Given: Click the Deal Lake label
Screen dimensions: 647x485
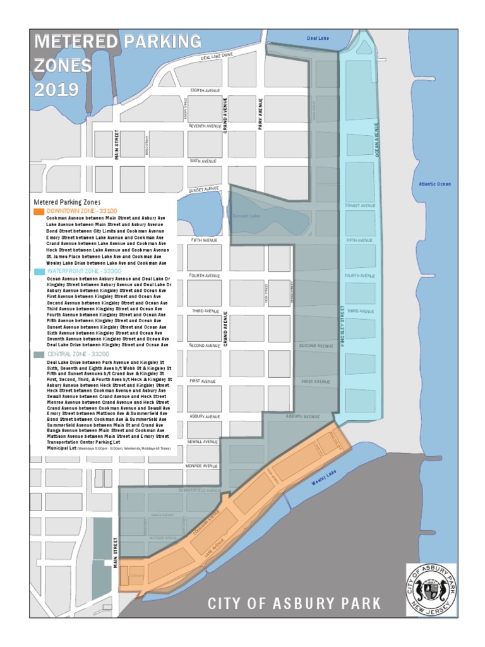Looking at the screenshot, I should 318,39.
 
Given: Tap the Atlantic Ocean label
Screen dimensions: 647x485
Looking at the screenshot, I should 434,184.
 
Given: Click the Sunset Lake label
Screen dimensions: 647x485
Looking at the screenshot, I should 246,216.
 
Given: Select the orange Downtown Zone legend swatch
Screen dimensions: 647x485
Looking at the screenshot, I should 39,210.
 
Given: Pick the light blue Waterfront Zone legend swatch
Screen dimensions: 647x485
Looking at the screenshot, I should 39,270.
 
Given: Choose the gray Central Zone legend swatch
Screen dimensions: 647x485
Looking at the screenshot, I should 39,355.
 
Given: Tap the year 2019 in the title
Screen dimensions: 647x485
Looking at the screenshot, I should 56,90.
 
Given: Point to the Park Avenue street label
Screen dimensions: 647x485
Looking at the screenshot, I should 260,114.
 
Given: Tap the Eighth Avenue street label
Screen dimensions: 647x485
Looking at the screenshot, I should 205,91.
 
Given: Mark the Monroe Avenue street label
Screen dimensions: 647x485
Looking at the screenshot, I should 202,466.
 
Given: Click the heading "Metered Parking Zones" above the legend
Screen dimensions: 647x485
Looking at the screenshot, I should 66,202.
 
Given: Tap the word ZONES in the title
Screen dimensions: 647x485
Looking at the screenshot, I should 63,66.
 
